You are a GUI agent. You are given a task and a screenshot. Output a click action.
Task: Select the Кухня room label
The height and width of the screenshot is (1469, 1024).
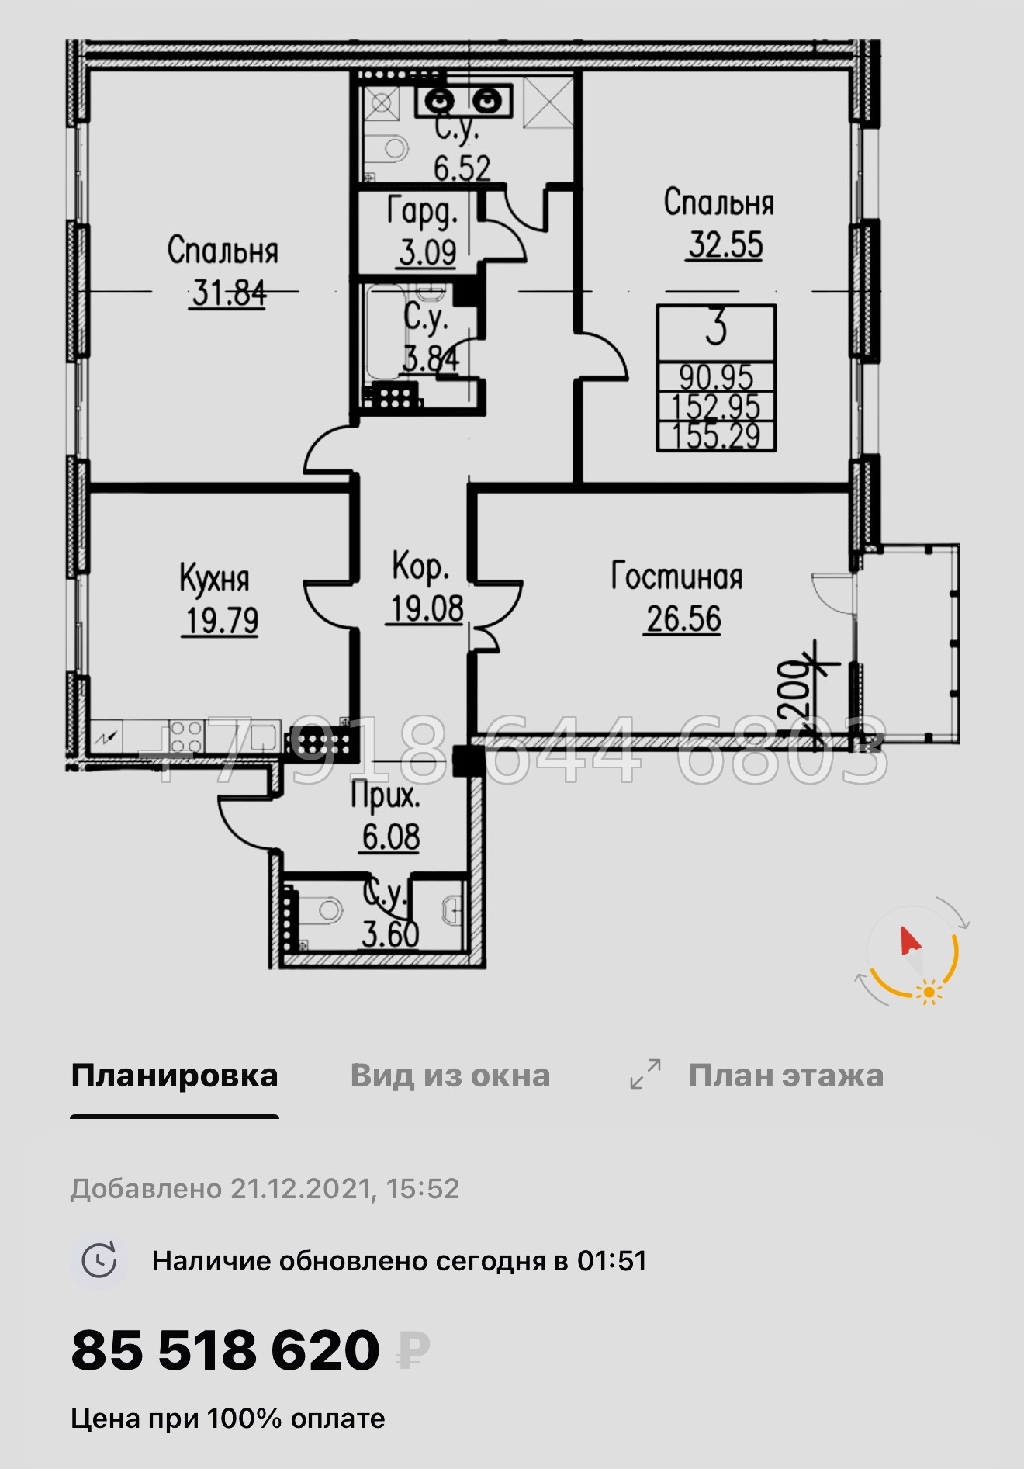click(x=215, y=578)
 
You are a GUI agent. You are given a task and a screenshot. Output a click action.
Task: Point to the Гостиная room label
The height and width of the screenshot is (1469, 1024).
click(x=676, y=577)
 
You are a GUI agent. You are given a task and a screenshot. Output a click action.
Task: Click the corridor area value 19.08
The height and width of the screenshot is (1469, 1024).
click(x=427, y=608)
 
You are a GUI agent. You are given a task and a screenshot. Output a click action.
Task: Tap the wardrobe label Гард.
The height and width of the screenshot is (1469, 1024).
click(x=423, y=212)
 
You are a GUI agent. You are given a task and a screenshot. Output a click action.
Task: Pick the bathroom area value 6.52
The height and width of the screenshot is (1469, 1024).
click(x=462, y=168)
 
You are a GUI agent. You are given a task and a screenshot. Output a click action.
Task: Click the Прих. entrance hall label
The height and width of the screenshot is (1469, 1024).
click(x=386, y=796)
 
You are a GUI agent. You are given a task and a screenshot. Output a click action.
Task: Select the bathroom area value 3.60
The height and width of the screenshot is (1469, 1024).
click(x=390, y=934)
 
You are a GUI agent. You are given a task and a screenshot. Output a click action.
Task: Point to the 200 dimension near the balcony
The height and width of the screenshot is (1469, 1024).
click(x=792, y=689)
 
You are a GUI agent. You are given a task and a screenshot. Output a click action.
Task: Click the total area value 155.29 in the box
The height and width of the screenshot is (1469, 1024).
click(x=716, y=436)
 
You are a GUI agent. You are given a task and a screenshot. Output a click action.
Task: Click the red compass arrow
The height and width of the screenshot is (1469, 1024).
click(x=909, y=941)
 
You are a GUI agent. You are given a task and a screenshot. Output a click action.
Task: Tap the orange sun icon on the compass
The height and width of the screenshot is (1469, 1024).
click(x=928, y=991)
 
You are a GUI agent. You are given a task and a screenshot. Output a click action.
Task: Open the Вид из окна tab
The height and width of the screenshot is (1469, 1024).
click(x=450, y=1076)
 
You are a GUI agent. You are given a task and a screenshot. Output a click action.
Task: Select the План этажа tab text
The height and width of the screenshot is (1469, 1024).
click(x=786, y=1076)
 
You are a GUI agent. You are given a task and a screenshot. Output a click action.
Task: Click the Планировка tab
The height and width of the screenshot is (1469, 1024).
click(x=175, y=1076)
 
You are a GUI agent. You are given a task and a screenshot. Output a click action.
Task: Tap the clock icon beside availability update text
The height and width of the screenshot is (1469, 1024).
click(x=99, y=1260)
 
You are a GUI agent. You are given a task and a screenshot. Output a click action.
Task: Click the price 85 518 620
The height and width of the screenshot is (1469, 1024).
click(x=225, y=1351)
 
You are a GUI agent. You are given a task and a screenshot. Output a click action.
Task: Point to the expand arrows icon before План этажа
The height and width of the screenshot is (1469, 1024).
click(x=645, y=1075)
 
